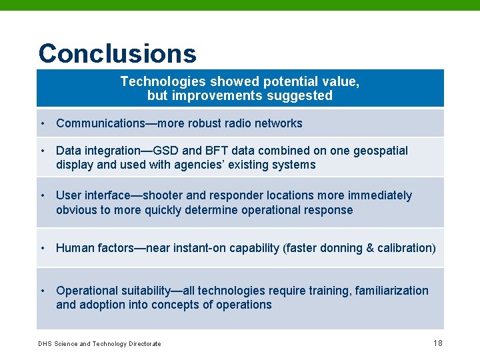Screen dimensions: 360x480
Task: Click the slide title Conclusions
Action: click(117, 53)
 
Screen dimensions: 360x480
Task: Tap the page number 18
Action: click(437, 343)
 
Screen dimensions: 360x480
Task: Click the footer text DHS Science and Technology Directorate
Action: click(99, 344)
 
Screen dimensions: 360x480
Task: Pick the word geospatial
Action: click(377, 151)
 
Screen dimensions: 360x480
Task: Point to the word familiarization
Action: click(392, 291)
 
